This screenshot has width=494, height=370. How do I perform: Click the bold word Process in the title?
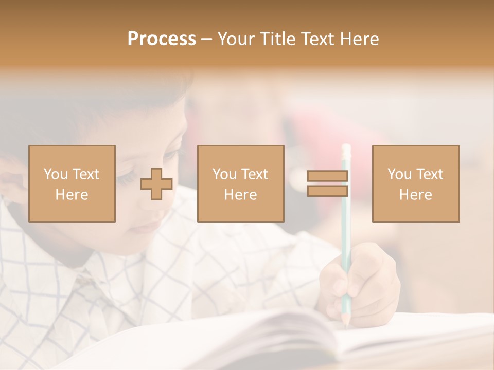[x=162, y=39]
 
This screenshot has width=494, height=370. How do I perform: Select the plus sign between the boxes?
[x=156, y=184]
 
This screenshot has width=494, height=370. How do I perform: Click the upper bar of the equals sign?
[x=327, y=176]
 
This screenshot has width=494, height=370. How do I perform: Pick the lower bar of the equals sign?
[x=327, y=191]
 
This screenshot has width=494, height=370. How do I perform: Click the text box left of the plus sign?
[x=72, y=183]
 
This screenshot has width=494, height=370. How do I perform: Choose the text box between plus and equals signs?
[x=240, y=183]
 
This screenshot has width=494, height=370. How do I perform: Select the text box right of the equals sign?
[x=415, y=183]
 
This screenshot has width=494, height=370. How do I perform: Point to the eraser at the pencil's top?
[x=346, y=150]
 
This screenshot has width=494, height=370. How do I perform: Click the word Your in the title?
[x=235, y=39]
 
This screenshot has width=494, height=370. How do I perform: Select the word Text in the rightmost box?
[x=431, y=174]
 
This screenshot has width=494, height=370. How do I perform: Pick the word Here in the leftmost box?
[x=72, y=195]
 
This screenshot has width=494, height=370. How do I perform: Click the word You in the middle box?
[x=225, y=174]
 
